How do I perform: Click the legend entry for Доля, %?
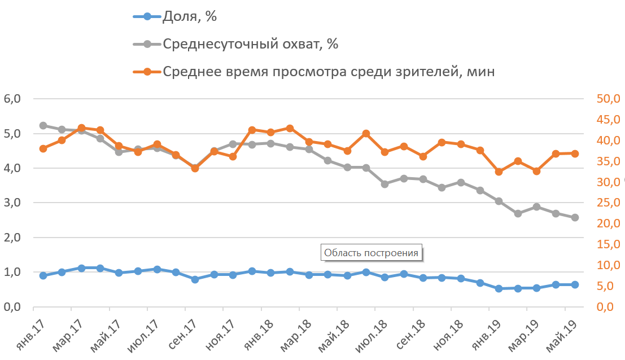pos(190,16)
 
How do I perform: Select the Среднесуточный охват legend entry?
pos(250,44)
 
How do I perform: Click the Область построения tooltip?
pos(372,252)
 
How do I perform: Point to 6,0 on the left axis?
pos(12,99)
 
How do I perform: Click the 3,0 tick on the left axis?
pos(12,203)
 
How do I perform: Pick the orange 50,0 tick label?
pos(607,99)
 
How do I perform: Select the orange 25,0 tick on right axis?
pos(607,203)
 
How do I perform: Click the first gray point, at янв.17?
pos(43,125)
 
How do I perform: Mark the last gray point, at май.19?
pos(575,217)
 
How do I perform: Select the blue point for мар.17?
pos(81,268)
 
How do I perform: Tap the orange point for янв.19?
pos(499,172)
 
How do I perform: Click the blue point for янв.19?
pos(499,288)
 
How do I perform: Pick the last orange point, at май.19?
pos(575,153)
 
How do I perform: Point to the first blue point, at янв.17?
pos(43,275)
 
